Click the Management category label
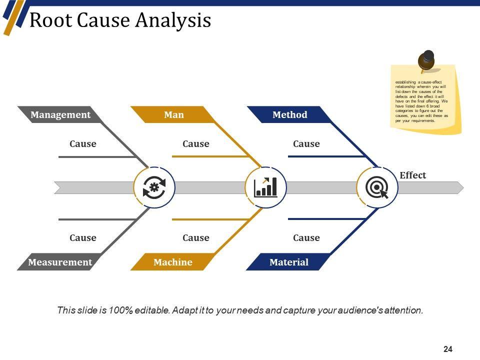tap(60, 115)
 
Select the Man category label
tap(174, 115)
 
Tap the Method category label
tap(290, 115)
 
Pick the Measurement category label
tap(60, 262)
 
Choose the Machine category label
tap(173, 262)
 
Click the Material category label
tap(289, 262)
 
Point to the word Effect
tap(412, 175)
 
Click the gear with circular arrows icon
tap(154, 187)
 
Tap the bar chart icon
tap(266, 187)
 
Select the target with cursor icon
tap(377, 188)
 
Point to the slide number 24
tap(448, 349)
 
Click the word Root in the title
tap(46, 20)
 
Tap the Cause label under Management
tap(83, 144)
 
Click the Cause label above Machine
tap(196, 238)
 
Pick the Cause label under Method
tap(306, 144)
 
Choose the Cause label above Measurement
tap(83, 238)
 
